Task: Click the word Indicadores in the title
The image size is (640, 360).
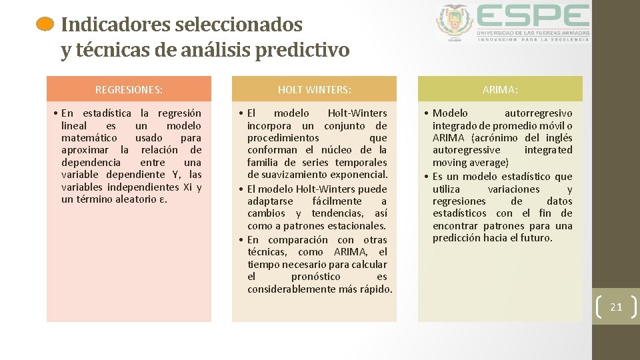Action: tap(116, 25)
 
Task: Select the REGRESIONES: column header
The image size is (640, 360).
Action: tap(129, 89)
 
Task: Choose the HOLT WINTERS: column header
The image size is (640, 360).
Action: tap(314, 89)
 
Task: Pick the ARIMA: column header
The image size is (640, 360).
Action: tap(500, 89)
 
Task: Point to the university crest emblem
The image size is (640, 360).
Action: tap(455, 23)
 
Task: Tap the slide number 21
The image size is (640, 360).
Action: tap(616, 307)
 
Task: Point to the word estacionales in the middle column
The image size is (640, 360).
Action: tap(355, 226)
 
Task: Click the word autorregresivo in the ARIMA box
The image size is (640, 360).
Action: tap(538, 113)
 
